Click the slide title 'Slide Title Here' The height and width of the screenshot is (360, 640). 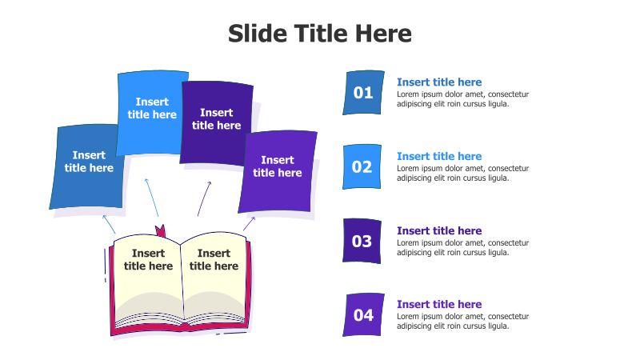click(320, 34)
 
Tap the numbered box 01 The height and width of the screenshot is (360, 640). click(363, 93)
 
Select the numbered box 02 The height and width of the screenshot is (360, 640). click(362, 167)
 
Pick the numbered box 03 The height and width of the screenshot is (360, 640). click(362, 241)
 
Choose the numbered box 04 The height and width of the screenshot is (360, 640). click(363, 315)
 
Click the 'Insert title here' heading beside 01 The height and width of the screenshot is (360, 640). click(439, 82)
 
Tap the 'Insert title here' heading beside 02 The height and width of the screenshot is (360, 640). click(439, 156)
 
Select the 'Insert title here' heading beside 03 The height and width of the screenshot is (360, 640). click(439, 230)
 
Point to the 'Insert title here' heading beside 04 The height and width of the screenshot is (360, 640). click(439, 304)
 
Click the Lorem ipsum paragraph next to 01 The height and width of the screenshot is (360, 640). click(462, 98)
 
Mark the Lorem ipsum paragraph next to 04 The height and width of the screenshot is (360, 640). click(462, 321)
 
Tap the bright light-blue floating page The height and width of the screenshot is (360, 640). click(152, 112)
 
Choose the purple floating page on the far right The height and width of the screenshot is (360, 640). click(278, 170)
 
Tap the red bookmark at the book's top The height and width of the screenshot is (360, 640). click(160, 232)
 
